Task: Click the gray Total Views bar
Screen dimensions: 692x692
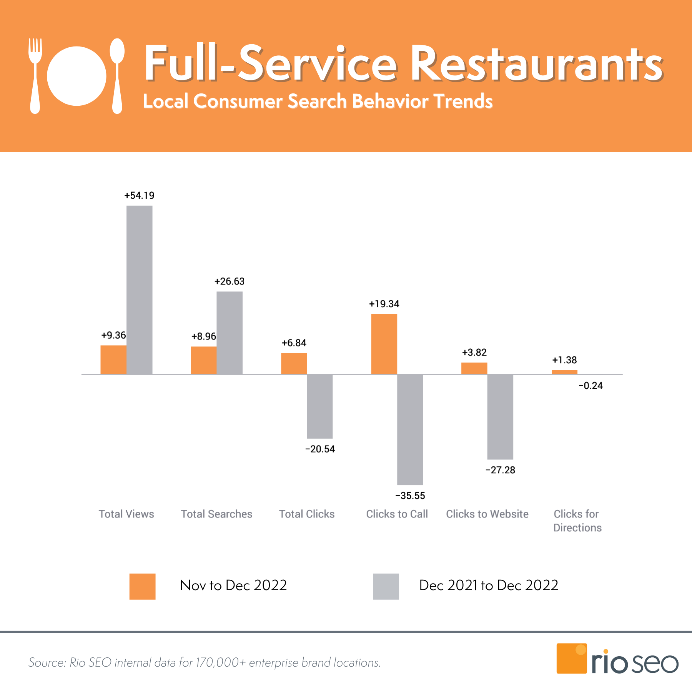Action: point(139,290)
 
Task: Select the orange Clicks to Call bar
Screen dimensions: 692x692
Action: point(384,344)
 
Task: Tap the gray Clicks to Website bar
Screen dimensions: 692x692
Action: point(500,417)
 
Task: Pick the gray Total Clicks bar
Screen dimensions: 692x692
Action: point(320,406)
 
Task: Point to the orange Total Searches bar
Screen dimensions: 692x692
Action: point(204,360)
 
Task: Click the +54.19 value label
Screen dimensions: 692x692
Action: point(139,195)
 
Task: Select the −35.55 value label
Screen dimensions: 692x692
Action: point(410,496)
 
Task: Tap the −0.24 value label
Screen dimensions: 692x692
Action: point(591,386)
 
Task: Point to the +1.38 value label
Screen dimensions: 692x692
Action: point(564,360)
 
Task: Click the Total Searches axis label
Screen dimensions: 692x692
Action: point(216,514)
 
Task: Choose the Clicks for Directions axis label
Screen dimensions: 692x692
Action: point(577,521)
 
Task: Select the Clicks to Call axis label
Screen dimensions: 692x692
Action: point(397,514)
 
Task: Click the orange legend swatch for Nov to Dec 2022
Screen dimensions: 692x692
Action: point(142,586)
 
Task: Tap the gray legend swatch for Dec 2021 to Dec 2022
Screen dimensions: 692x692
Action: point(386,586)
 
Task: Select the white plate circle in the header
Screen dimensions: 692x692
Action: point(77,76)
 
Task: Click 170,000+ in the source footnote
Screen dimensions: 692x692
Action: point(221,663)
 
